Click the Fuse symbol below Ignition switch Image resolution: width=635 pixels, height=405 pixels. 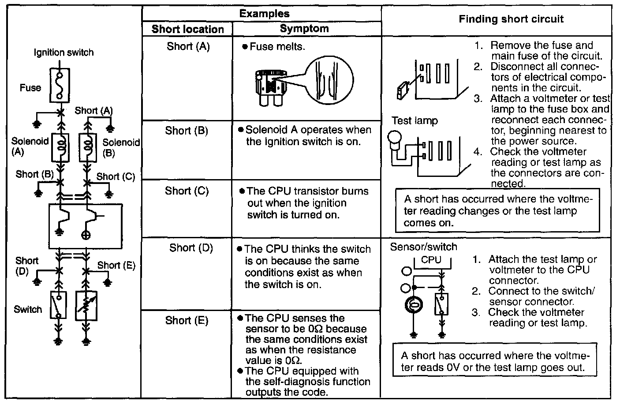[x=60, y=85]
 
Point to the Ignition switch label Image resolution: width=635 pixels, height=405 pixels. [x=64, y=52]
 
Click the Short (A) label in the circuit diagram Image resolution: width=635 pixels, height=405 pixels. [x=93, y=110]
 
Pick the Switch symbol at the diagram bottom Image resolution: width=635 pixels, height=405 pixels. [x=59, y=304]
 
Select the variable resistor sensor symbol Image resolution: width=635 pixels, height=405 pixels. [x=86, y=305]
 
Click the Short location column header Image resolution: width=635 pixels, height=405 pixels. [x=187, y=29]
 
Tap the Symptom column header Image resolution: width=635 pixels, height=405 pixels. [x=304, y=29]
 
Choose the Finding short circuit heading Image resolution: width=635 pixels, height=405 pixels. [x=511, y=19]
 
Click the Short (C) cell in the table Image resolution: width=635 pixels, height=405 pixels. [x=187, y=191]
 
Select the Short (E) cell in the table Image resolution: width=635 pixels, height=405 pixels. [x=187, y=320]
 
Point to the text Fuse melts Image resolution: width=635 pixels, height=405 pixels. [x=277, y=46]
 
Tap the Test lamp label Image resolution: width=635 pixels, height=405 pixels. [x=415, y=121]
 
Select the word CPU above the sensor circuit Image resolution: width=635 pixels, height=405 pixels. [x=431, y=260]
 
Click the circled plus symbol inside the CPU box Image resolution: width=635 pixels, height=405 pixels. [x=86, y=234]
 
